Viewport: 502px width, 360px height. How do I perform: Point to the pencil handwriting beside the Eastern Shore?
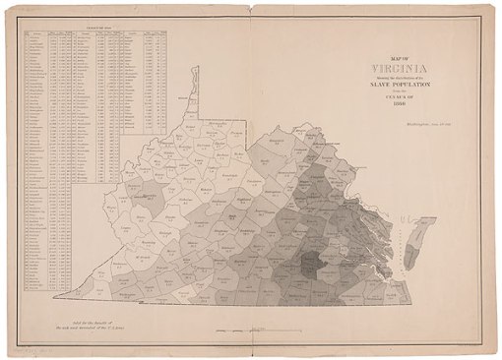tap(433, 210)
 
